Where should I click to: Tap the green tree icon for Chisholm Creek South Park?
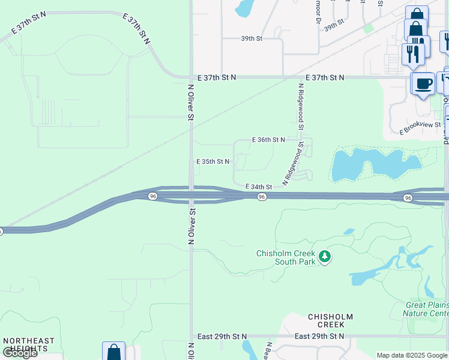tap(325, 257)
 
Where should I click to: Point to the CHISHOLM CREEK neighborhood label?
tap(330, 321)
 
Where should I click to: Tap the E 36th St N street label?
tap(268, 140)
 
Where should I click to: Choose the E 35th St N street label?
tap(213, 162)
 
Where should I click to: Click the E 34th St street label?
tap(259, 187)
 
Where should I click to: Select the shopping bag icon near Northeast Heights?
tap(113, 352)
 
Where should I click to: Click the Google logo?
tap(20, 353)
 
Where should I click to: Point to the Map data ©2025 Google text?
tap(412, 355)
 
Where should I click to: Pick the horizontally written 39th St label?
tap(252, 38)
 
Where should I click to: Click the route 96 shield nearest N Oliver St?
tap(153, 196)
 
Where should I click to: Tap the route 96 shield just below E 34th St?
tap(262, 197)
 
